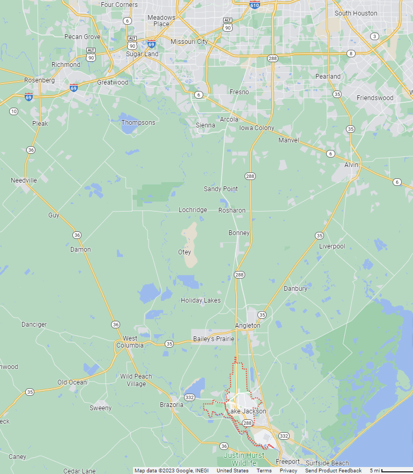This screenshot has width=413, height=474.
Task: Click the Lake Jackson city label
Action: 246,411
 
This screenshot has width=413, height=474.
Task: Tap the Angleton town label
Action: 247,326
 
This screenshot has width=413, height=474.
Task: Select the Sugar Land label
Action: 142,54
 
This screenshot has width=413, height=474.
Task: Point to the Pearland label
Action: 328,77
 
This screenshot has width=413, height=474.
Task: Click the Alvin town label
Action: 351,165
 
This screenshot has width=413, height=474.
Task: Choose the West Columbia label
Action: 130,342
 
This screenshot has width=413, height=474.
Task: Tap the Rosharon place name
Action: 232,210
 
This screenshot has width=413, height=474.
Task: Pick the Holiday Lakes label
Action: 201,300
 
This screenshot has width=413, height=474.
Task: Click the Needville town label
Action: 24,180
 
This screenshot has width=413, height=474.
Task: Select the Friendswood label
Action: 375,98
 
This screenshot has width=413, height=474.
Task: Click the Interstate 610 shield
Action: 255,5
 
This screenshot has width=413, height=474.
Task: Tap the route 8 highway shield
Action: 351,54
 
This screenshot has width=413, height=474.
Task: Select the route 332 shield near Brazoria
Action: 189,397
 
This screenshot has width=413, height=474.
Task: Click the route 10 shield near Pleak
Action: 13,111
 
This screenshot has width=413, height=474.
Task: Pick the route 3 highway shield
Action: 374,36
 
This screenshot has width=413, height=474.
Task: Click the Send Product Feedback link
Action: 333,471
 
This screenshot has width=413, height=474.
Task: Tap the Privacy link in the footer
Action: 288,471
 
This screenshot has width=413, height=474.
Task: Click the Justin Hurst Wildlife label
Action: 240,459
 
